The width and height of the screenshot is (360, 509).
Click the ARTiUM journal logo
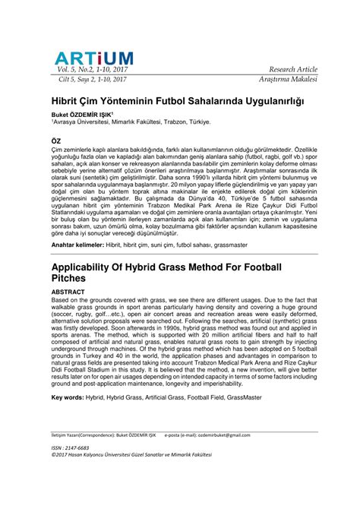coord(93,58)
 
